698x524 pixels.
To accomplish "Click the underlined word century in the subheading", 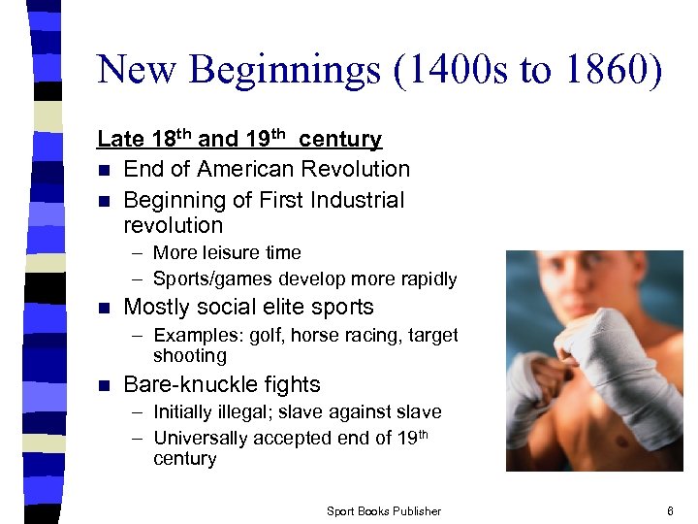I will click(340, 140).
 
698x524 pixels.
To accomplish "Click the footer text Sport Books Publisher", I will click(383, 511).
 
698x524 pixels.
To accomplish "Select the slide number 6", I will click(670, 510).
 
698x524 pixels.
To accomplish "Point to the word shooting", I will click(189, 355).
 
